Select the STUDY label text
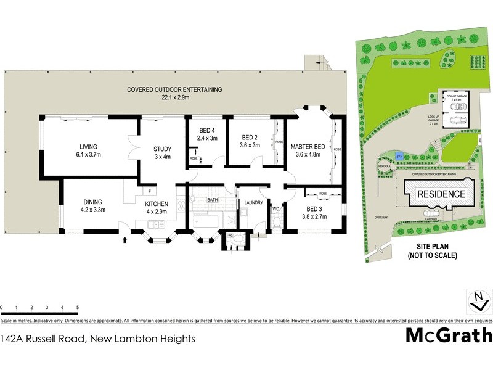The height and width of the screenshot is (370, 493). (x=162, y=149)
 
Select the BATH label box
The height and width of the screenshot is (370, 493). (x=213, y=200)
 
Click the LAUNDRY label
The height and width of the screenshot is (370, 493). (x=254, y=203)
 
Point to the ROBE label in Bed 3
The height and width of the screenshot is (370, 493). (x=323, y=194)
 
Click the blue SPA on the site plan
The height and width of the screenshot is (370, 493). (x=399, y=157)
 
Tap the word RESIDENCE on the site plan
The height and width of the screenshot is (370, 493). (x=441, y=194)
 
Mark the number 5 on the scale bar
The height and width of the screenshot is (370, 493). (x=78, y=307)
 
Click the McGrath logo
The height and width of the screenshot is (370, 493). (x=449, y=335)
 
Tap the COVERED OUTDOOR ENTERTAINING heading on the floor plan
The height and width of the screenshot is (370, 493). (x=174, y=89)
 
